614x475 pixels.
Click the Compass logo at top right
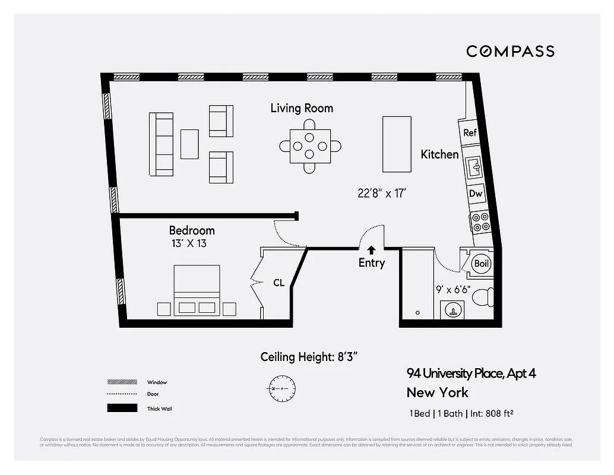(x=510, y=51)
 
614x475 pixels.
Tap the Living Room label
(x=302, y=108)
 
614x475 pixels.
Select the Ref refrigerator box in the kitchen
(x=470, y=133)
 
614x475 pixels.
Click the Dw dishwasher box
(x=475, y=194)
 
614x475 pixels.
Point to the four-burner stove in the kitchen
(x=480, y=222)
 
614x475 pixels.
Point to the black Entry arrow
(x=372, y=249)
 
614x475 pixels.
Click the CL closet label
(x=278, y=283)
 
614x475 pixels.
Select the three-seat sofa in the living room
(x=161, y=144)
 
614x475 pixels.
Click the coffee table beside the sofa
(x=189, y=144)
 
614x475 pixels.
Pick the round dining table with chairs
(x=311, y=146)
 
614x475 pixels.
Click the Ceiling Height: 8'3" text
(x=308, y=357)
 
